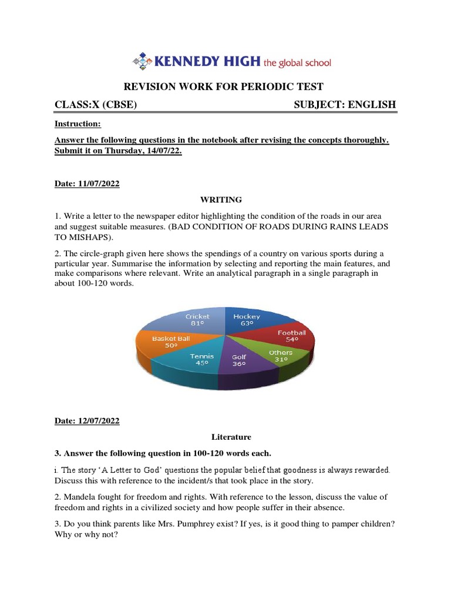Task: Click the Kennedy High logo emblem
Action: [142, 61]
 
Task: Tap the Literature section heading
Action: [231, 437]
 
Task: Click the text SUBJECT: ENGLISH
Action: [344, 105]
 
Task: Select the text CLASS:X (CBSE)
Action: [96, 105]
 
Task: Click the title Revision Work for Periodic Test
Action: [225, 86]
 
